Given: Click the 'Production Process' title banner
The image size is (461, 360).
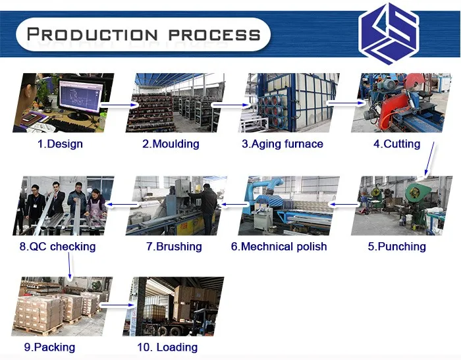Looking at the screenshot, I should click(142, 34).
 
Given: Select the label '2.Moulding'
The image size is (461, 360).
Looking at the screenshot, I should click(171, 143).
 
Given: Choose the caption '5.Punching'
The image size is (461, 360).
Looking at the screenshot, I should click(396, 247).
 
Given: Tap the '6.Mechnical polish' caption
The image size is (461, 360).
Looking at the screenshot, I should click(279, 247).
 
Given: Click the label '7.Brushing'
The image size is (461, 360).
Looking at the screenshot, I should click(174, 247).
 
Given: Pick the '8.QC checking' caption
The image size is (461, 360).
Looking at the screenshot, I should click(57, 247).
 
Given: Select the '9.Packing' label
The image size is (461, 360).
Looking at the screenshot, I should click(49, 347).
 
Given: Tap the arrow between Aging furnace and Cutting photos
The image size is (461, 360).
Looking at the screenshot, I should click(342, 103).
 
